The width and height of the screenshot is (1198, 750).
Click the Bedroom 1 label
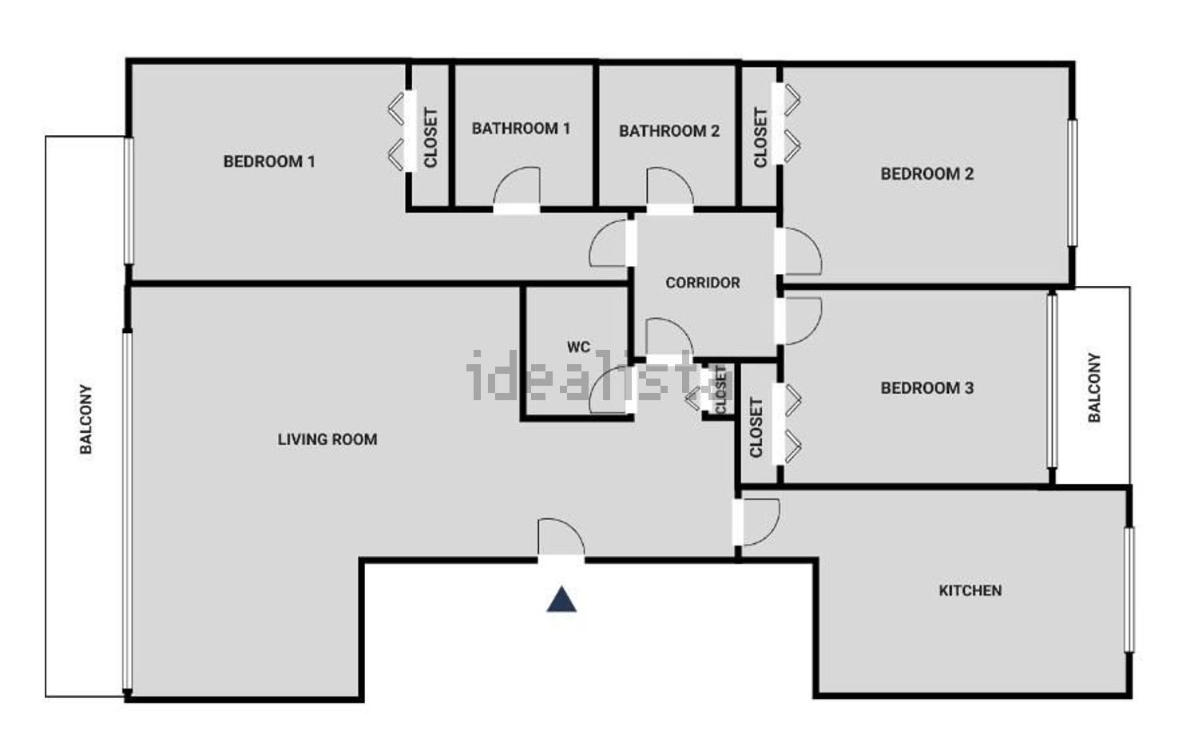[x=269, y=161]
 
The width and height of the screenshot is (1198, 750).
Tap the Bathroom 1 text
[x=521, y=129]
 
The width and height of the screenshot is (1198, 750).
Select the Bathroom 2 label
[x=669, y=131]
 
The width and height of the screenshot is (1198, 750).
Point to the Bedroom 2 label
[x=926, y=174]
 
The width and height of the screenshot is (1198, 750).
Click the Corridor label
[x=703, y=283]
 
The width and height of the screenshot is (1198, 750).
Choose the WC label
[x=578, y=347]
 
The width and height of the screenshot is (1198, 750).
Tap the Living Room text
[x=327, y=439]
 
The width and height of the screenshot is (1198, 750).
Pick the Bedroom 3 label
[x=926, y=388]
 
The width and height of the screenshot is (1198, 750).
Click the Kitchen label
[x=970, y=590]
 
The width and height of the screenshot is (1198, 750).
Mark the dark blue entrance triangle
[x=561, y=600]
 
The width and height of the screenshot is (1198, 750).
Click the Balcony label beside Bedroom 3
[x=1094, y=387]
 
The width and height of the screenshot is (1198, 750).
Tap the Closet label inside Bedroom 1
[x=430, y=137]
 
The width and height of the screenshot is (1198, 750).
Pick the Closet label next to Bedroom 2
[x=760, y=137]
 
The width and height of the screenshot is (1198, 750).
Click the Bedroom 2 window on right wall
[x=1072, y=182]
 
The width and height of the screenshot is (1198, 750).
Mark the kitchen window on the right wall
[x=1129, y=589]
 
